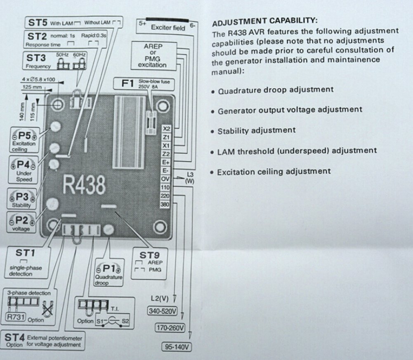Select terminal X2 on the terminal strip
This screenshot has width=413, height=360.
pyautogui.click(x=166, y=128)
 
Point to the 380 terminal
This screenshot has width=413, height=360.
pyautogui.click(x=165, y=204)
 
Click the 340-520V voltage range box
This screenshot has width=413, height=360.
pyautogui.click(x=162, y=311)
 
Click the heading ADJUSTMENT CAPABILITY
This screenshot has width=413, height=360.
pyautogui.click(x=264, y=21)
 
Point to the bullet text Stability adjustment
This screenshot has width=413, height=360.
pyautogui.click(x=256, y=131)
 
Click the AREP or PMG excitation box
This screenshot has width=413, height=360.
pyautogui.click(x=153, y=56)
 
